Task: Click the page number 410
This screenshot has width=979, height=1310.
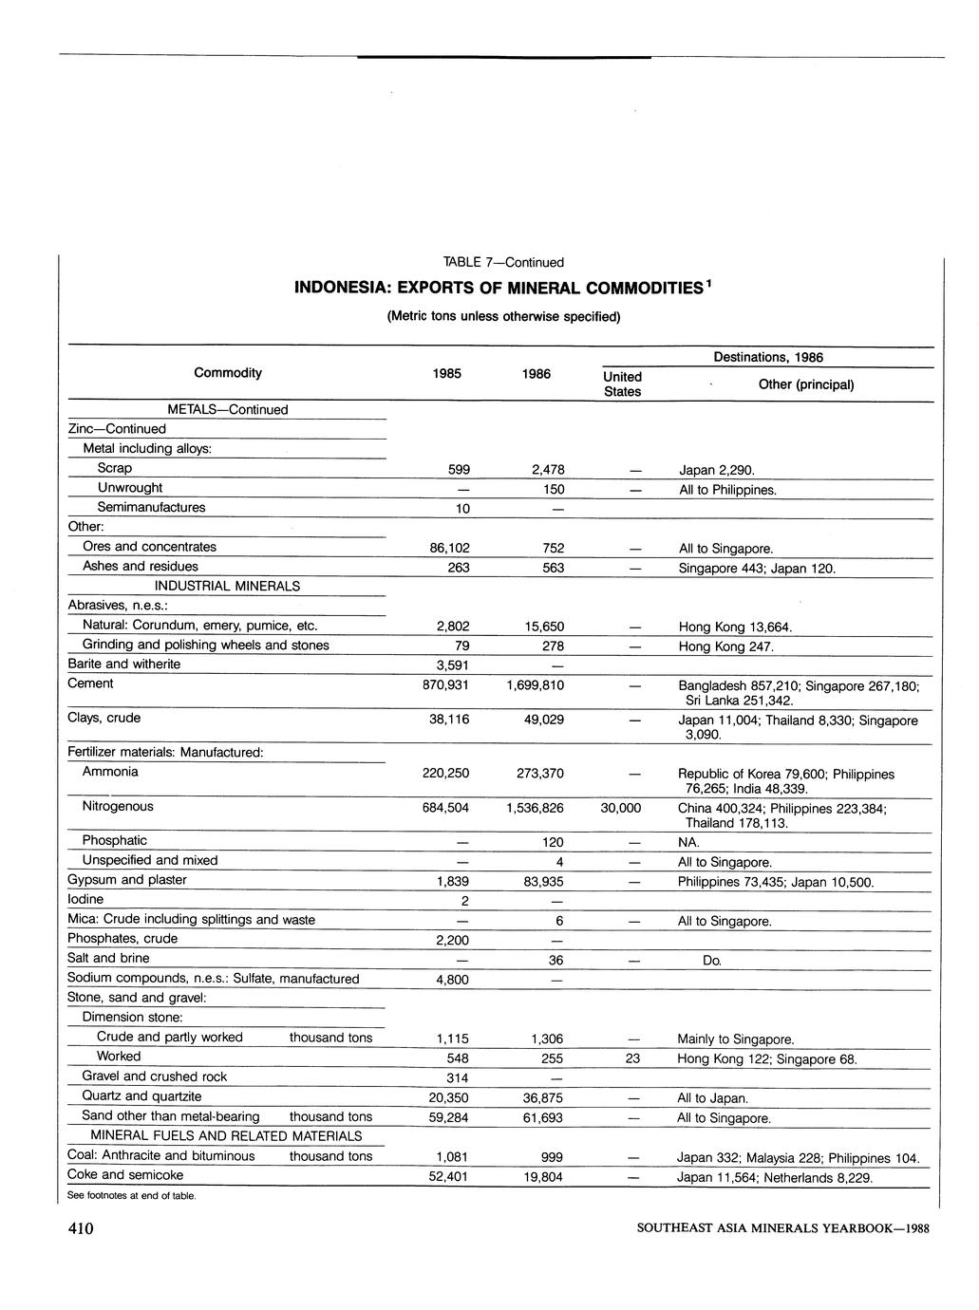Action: coord(81,1228)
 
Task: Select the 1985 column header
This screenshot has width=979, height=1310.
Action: coord(446,374)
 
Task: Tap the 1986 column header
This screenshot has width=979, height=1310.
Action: coord(537,374)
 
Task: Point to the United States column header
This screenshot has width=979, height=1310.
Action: coord(622,384)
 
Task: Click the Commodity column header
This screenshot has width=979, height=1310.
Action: coord(228,373)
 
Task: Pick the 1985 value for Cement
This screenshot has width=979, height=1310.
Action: coord(445,684)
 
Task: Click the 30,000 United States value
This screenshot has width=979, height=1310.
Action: coord(621,808)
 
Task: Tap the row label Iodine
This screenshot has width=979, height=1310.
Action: coord(85,899)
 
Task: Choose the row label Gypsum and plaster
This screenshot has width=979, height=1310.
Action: coord(127,880)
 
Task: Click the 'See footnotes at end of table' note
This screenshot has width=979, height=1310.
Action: coord(132,1195)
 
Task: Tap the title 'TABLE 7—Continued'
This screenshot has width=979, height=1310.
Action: coord(503,262)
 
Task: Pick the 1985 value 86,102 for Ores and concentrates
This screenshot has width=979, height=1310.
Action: coord(445,549)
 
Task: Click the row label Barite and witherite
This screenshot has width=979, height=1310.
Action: coord(123,664)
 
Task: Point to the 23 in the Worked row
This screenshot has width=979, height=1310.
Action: coord(633,1058)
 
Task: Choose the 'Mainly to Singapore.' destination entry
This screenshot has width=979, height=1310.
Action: coord(736,1039)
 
